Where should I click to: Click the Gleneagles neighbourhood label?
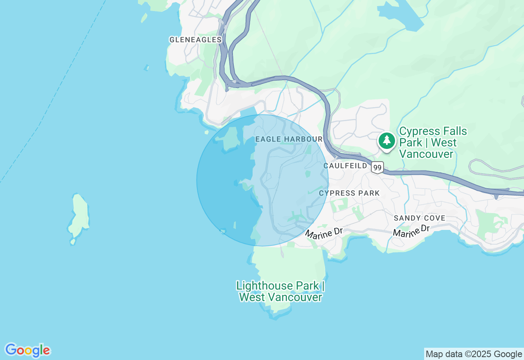click(195, 40)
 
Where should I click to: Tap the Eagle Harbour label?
click(289, 139)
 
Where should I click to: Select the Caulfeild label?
click(345, 166)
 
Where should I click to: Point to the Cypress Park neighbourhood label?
click(349, 193)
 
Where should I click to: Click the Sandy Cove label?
click(419, 218)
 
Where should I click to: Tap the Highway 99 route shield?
click(377, 167)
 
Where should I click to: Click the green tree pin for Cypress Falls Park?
click(386, 141)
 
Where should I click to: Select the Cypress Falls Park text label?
click(433, 142)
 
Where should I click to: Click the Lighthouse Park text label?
click(280, 291)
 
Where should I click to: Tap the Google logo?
click(27, 350)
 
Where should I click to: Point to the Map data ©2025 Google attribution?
click(474, 354)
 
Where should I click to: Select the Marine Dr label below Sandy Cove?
click(411, 231)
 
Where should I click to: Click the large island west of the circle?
click(79, 217)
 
